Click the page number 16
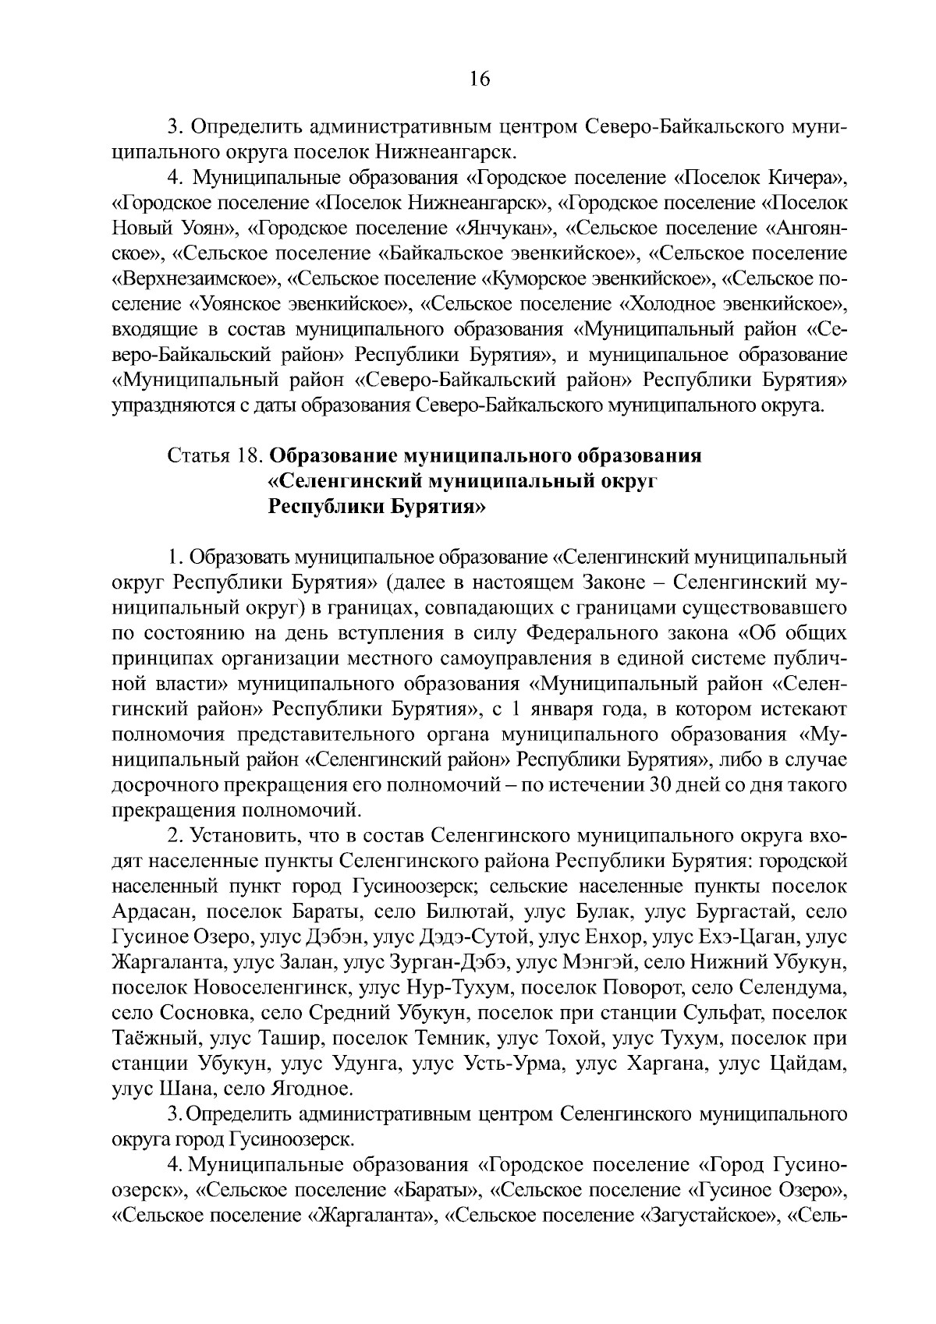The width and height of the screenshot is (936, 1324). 479,80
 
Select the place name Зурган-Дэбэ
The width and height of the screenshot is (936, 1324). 451,963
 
